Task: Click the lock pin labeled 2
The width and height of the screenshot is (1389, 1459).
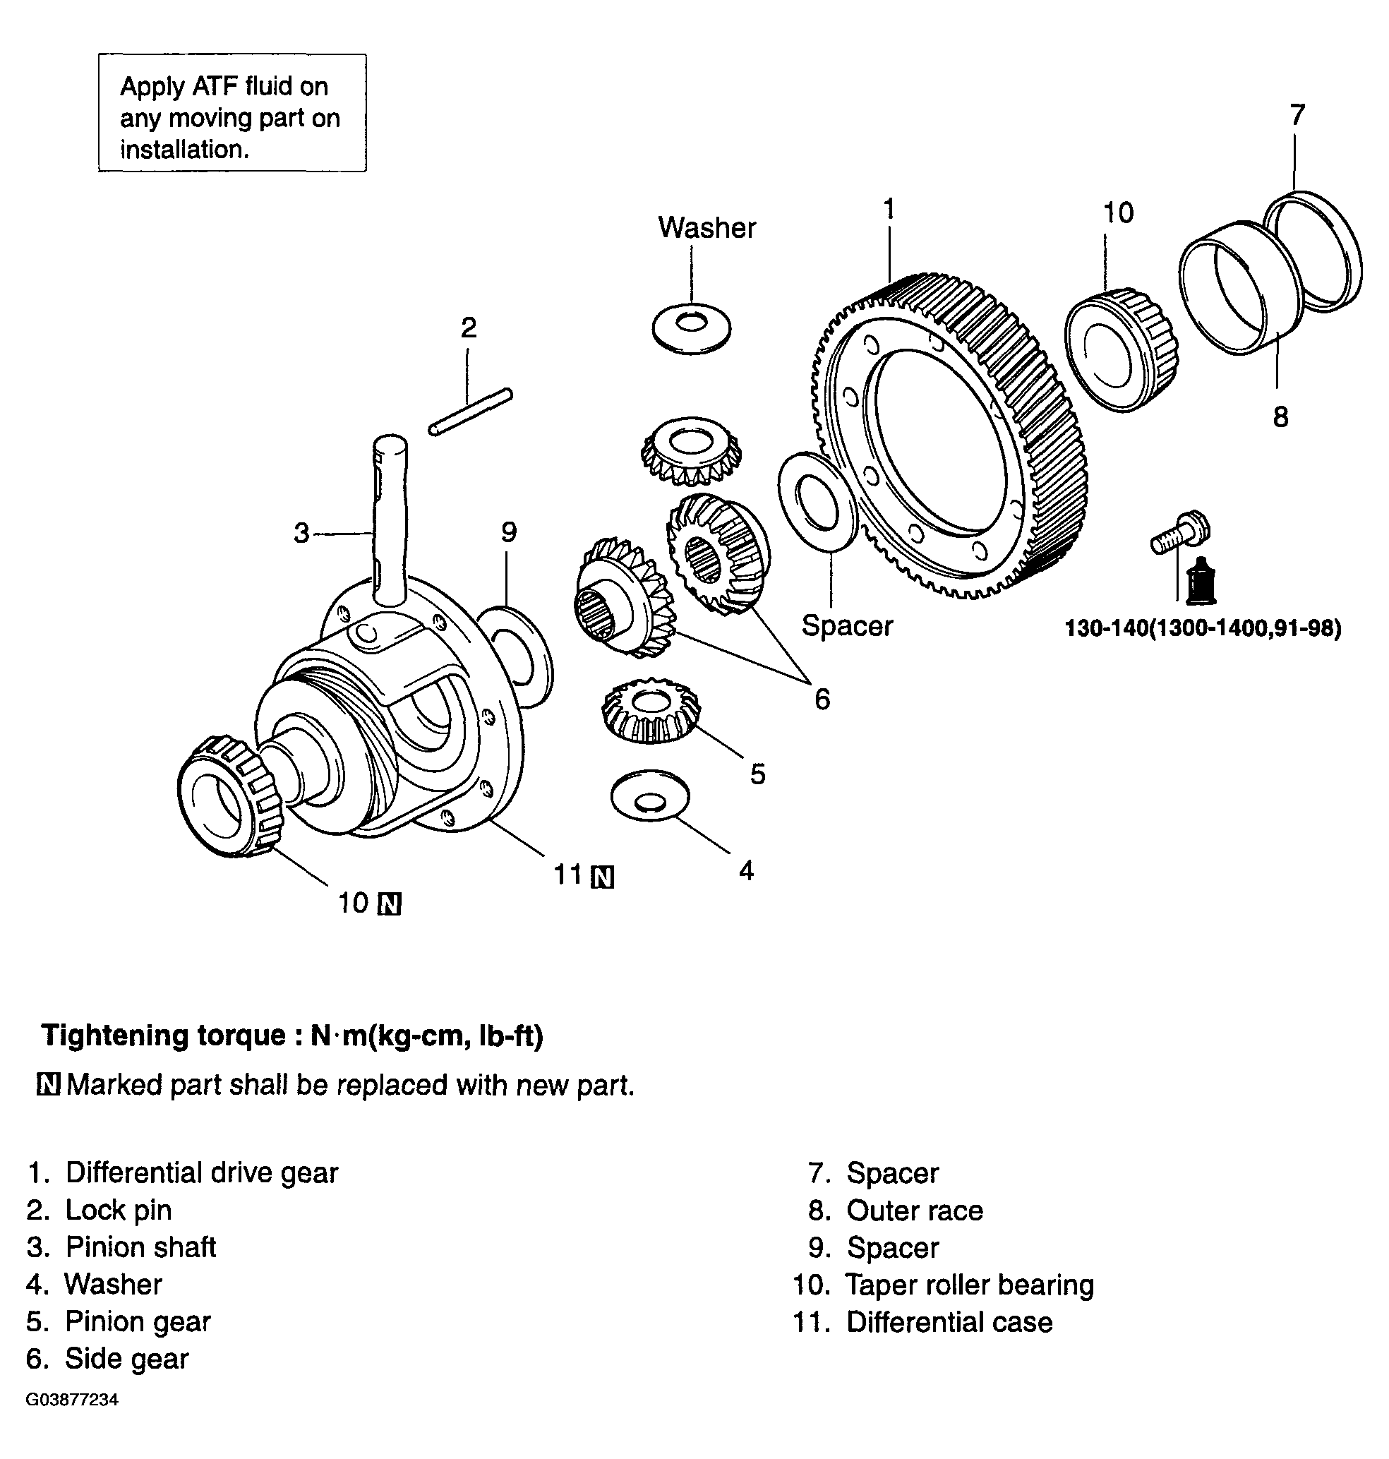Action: (471, 412)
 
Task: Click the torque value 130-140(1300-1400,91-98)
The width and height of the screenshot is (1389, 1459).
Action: (1203, 629)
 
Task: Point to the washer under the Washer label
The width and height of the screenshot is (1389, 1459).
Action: (692, 327)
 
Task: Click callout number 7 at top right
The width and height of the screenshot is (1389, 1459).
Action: (1297, 116)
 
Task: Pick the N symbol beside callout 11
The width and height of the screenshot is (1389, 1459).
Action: (603, 877)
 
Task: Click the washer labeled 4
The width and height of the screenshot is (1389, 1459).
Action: (649, 797)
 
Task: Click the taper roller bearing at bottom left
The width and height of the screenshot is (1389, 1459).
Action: (229, 796)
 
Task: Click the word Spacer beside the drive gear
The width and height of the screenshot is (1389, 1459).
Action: (847, 626)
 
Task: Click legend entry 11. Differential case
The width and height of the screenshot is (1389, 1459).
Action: (922, 1323)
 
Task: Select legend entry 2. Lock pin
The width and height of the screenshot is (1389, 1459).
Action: (100, 1210)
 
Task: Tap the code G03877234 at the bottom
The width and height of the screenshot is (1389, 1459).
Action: (72, 1400)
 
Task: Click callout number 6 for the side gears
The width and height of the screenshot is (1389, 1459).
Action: (822, 699)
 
